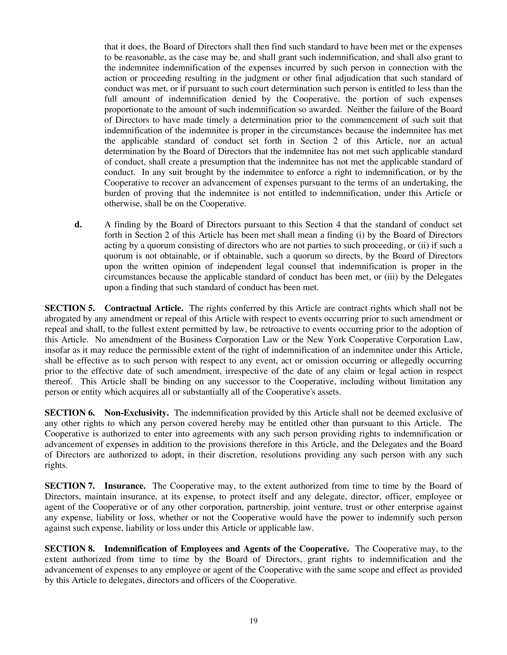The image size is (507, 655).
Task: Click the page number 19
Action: pyautogui.click(x=253, y=620)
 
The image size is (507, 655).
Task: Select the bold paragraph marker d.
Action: pyautogui.click(x=78, y=224)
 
